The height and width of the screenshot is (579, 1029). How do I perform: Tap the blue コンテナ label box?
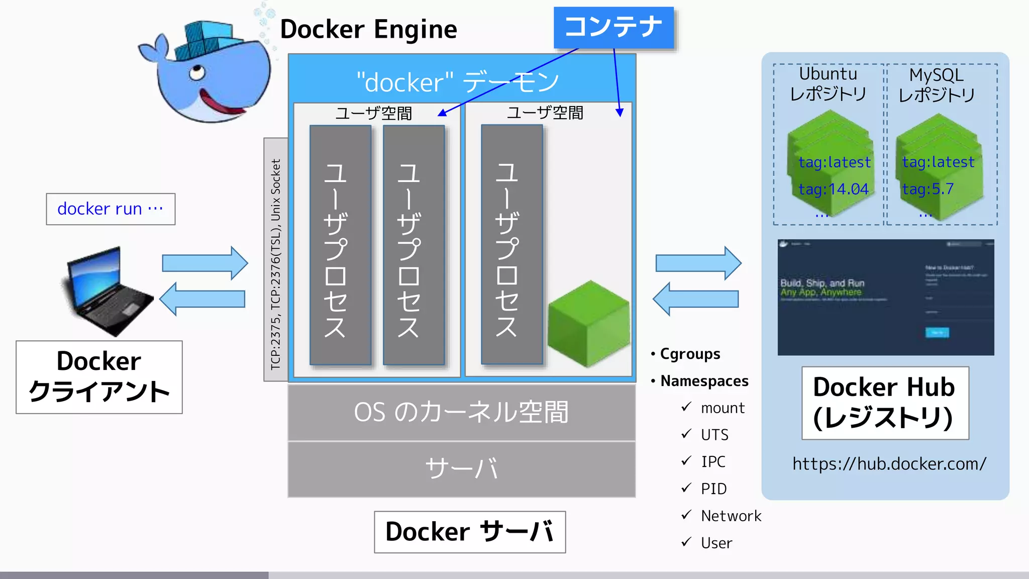tap(613, 28)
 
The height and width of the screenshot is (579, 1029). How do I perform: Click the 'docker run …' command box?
tap(111, 209)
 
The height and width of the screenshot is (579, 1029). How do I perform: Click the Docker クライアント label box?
tap(99, 377)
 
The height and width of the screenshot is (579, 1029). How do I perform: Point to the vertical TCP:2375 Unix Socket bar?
tap(276, 259)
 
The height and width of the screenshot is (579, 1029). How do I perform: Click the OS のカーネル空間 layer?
tap(461, 412)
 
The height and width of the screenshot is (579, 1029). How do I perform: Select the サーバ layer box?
tap(461, 469)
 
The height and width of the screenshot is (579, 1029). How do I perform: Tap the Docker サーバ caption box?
tap(470, 532)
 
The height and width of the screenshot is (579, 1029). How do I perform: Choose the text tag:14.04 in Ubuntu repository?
tap(834, 189)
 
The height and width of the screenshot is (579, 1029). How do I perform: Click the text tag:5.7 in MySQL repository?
tap(928, 189)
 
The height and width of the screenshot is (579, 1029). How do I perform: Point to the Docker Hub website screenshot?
tap(885, 297)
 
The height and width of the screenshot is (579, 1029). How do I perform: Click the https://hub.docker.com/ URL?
tap(889, 463)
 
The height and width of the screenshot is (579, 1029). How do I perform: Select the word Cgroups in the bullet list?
tap(690, 354)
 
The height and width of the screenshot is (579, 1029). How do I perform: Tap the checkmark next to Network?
tap(686, 515)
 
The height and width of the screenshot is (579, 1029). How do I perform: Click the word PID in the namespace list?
tap(713, 489)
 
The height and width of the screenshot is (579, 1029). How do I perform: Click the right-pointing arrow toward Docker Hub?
tap(698, 263)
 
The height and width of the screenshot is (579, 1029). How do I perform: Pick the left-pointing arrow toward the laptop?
tap(202, 299)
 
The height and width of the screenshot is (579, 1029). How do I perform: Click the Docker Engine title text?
tap(368, 29)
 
